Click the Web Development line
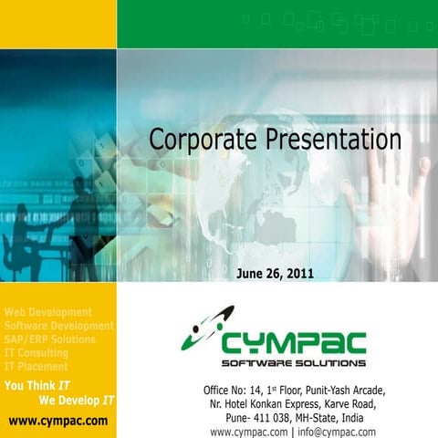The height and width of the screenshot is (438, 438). click(x=48, y=312)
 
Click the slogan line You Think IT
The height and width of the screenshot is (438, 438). click(x=37, y=385)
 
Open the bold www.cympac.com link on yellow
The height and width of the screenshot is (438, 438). click(x=57, y=421)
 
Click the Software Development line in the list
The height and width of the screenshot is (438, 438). click(x=58, y=326)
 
